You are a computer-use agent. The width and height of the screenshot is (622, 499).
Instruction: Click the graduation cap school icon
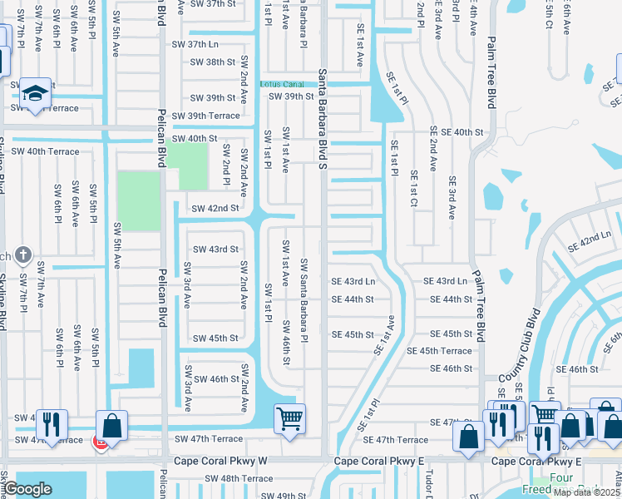point(36,93)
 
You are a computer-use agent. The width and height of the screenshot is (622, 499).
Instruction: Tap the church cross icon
point(23,255)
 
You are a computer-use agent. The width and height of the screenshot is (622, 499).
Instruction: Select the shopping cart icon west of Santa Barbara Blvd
point(289,418)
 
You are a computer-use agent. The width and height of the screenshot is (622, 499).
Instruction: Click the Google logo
point(27,489)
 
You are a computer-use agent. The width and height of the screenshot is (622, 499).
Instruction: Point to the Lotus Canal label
point(280,84)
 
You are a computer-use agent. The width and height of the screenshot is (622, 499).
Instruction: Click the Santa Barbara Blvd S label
point(323,120)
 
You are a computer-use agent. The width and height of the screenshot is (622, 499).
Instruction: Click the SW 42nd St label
point(215,208)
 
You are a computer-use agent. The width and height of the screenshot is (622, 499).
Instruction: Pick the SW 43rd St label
point(215,249)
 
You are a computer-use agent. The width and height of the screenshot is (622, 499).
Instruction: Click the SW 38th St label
point(214,62)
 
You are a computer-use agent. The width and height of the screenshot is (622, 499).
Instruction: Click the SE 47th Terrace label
point(402,439)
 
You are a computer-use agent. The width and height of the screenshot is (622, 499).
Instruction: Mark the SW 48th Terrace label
point(239,478)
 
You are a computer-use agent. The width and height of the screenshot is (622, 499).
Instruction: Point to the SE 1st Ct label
point(413,190)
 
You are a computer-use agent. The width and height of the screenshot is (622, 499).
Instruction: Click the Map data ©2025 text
point(585,492)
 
